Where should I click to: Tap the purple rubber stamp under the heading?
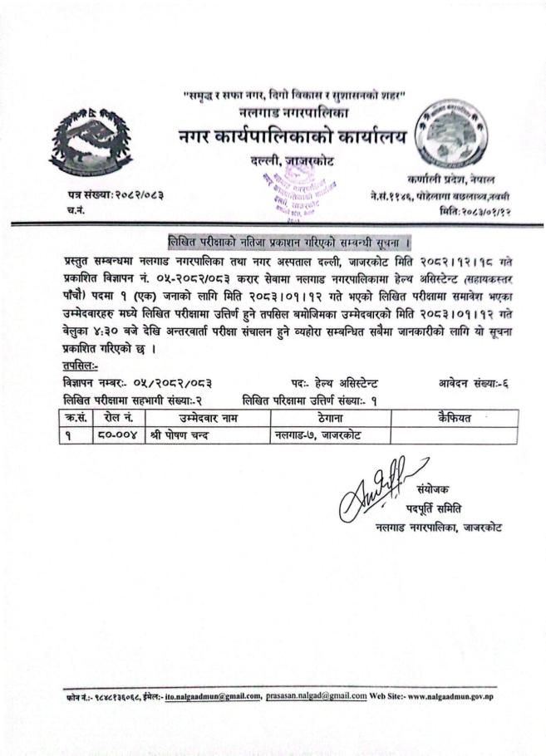[295, 190]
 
